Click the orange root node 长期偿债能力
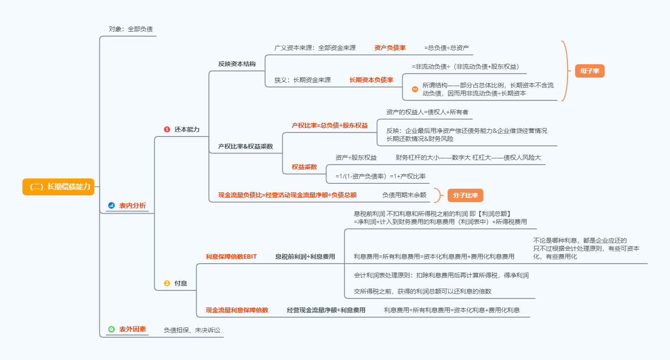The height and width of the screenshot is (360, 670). pyautogui.click(x=58, y=187)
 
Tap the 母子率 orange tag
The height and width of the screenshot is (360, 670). pyautogui.click(x=590, y=70)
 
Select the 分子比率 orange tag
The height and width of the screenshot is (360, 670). pyautogui.click(x=465, y=195)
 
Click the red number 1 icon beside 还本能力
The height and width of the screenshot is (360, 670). pyautogui.click(x=167, y=129)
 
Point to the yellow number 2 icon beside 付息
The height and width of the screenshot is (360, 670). pyautogui.click(x=167, y=283)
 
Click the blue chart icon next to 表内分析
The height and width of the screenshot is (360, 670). pyautogui.click(x=112, y=205)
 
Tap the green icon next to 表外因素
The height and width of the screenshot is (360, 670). pyautogui.click(x=112, y=329)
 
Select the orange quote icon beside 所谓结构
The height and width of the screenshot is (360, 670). pyautogui.click(x=415, y=89)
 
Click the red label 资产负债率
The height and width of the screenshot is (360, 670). pyautogui.click(x=390, y=48)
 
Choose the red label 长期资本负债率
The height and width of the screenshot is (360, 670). pyautogui.click(x=371, y=80)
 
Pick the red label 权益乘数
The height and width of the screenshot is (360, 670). pyautogui.click(x=304, y=166)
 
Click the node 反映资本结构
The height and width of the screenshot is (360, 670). pyautogui.click(x=237, y=64)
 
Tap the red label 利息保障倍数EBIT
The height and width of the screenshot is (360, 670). pyautogui.click(x=231, y=257)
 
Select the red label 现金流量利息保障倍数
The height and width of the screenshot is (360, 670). pyautogui.click(x=237, y=310)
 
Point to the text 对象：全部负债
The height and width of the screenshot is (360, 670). pyautogui.click(x=131, y=29)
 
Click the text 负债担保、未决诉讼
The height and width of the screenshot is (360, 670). pyautogui.click(x=192, y=331)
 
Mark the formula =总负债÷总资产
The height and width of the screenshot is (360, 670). pyautogui.click(x=447, y=48)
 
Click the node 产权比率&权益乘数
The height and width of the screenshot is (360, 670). pyautogui.click(x=245, y=146)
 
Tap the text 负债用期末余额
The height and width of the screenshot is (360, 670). pyautogui.click(x=404, y=195)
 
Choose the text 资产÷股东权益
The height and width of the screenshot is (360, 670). pyautogui.click(x=356, y=157)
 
